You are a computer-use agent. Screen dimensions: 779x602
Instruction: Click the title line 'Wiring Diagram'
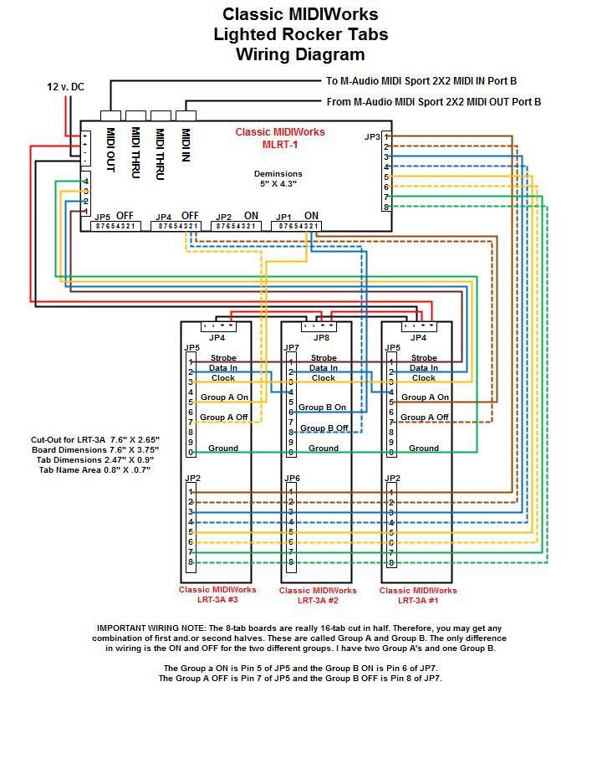[300, 55]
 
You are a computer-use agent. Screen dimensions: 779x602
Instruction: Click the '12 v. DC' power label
[65, 87]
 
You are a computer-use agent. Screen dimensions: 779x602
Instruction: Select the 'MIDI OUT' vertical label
[110, 151]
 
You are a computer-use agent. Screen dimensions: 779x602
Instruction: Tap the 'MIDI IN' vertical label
[186, 144]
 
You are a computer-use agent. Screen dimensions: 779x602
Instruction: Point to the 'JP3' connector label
[373, 136]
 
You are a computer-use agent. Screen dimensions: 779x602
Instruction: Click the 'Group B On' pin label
[324, 407]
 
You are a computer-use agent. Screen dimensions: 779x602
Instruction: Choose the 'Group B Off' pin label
[324, 428]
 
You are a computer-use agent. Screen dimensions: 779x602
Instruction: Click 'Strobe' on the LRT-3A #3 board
[223, 358]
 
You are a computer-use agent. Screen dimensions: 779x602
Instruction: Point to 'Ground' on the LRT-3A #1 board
[424, 448]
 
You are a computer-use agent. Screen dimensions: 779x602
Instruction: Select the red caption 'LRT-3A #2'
[318, 600]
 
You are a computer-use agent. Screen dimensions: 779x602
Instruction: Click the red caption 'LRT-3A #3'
[217, 599]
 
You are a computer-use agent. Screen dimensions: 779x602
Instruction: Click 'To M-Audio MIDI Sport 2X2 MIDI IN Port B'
[421, 81]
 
